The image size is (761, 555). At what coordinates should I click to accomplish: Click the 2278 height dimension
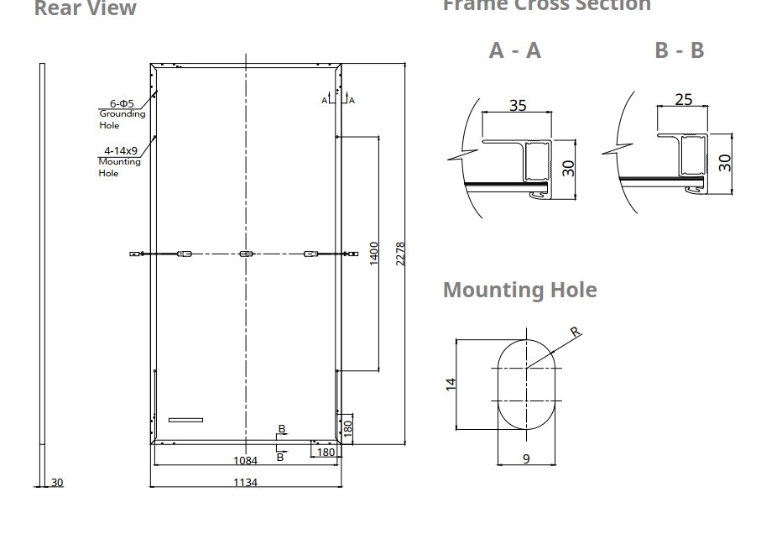click(x=400, y=253)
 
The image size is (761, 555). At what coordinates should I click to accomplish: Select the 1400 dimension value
click(x=374, y=253)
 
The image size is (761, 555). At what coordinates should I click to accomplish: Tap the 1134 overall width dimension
click(x=245, y=482)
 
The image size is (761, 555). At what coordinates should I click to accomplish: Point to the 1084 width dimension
click(x=245, y=460)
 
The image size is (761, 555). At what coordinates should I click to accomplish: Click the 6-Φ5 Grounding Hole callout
click(x=122, y=114)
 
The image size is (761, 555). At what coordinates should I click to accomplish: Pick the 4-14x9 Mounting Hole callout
click(x=120, y=162)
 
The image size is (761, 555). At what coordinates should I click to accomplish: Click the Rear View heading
click(x=85, y=8)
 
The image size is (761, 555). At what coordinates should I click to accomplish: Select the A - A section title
click(x=515, y=50)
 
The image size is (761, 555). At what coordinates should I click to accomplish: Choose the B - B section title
click(x=679, y=50)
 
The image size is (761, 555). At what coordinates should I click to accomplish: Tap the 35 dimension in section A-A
click(x=518, y=105)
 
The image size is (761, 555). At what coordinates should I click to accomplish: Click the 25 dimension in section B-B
click(x=684, y=100)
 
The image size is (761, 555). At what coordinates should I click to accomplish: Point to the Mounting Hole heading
click(x=519, y=290)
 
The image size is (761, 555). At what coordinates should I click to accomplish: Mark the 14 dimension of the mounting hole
click(x=451, y=384)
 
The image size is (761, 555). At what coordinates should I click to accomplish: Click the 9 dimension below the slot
click(x=526, y=459)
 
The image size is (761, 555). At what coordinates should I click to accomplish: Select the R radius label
click(x=575, y=332)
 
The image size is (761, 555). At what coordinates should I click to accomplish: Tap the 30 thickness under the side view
click(x=57, y=482)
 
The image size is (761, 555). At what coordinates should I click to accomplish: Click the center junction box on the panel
click(x=245, y=254)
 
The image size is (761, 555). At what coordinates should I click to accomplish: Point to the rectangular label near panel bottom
click(x=185, y=419)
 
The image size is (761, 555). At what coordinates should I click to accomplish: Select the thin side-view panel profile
click(x=42, y=269)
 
